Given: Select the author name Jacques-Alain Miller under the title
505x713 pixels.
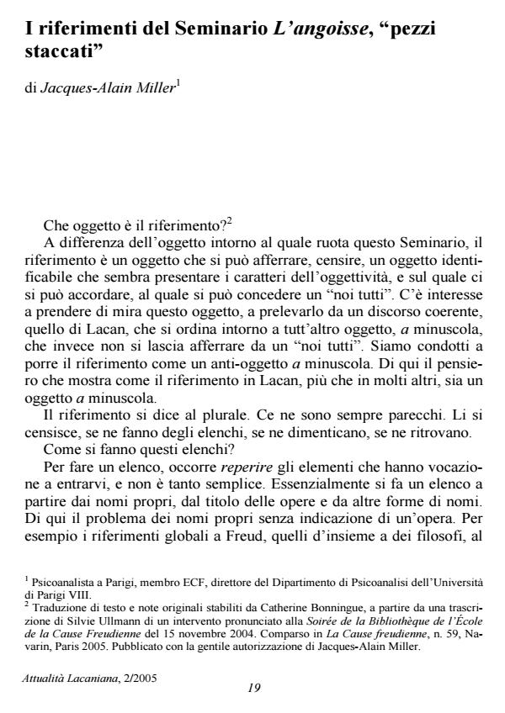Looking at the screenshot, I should [106, 88].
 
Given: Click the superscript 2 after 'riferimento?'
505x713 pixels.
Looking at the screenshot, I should [229, 221].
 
